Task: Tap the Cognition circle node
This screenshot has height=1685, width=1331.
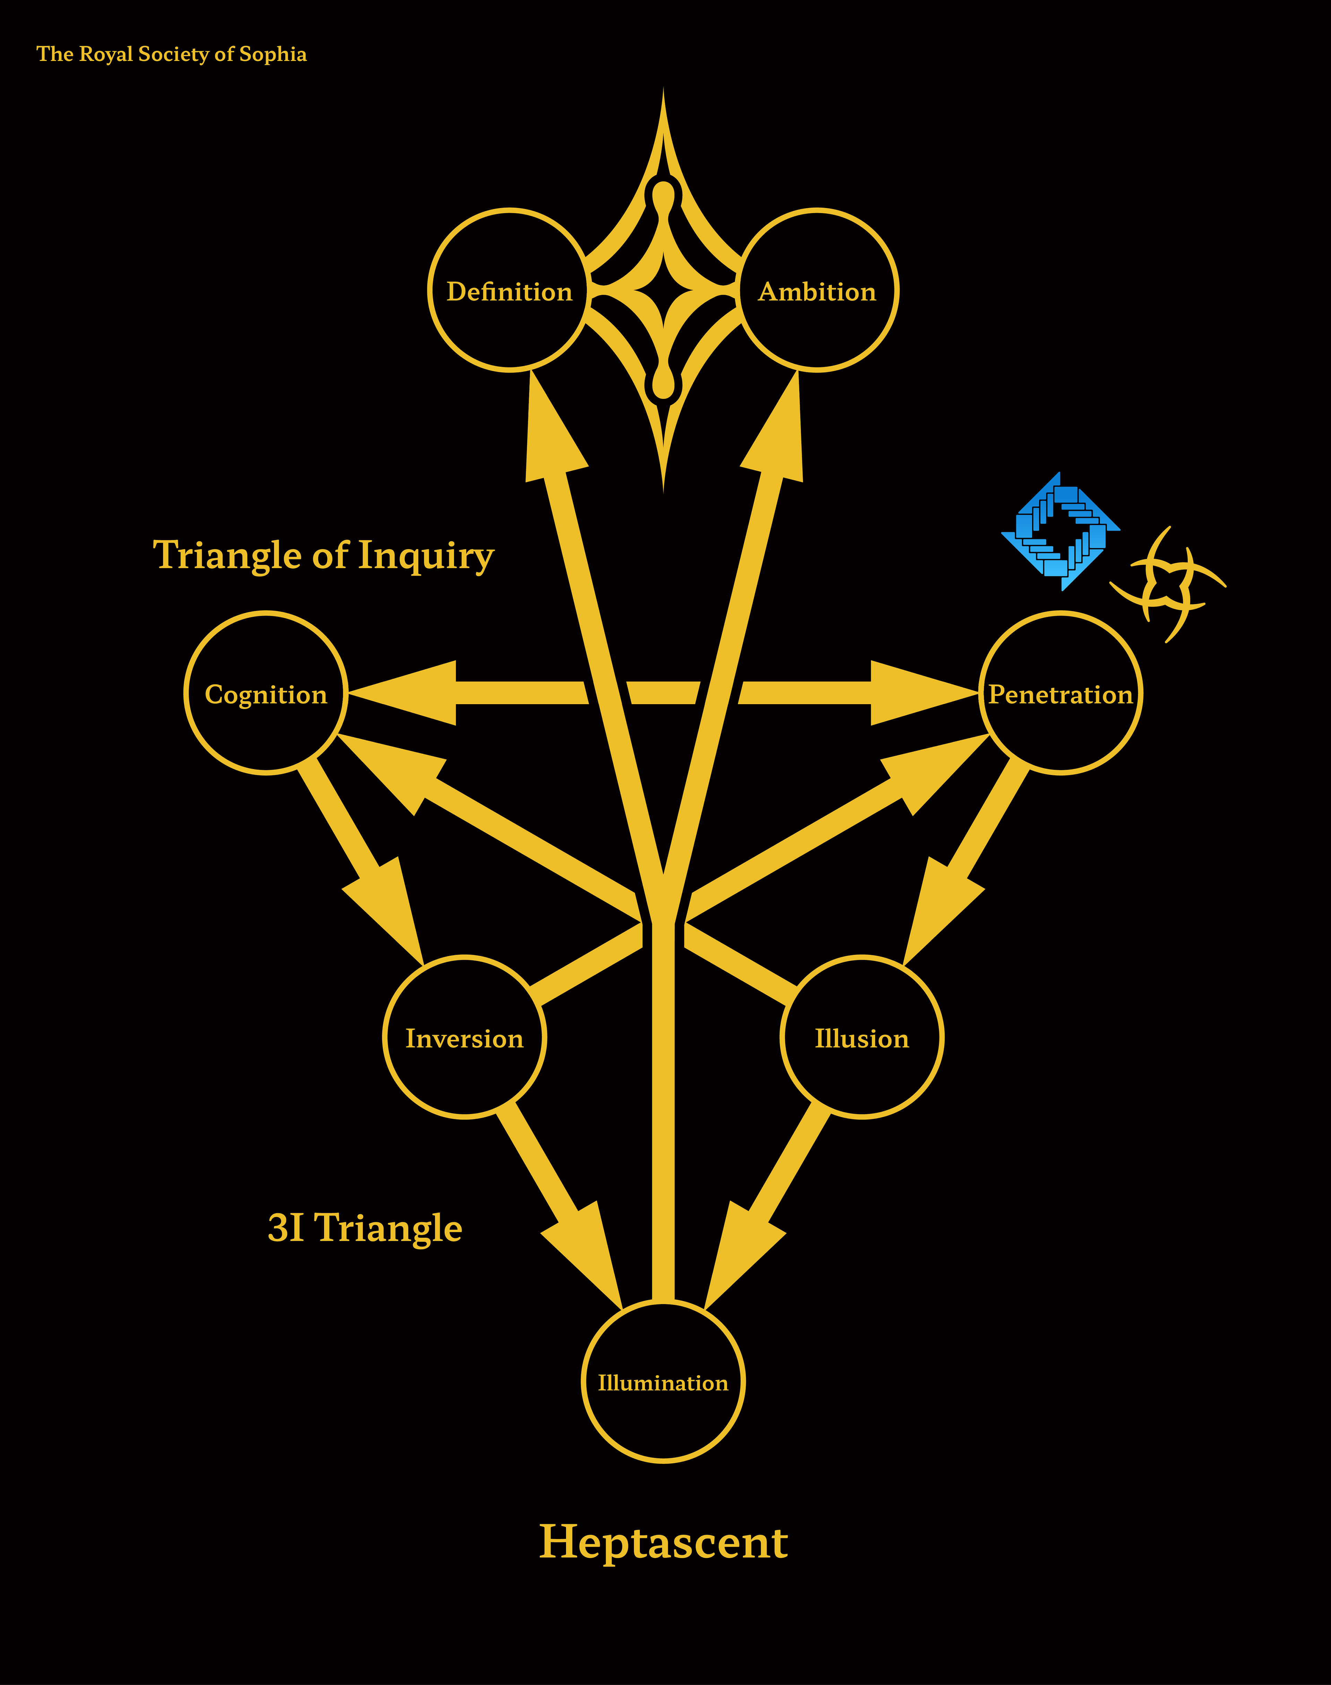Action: click(x=266, y=693)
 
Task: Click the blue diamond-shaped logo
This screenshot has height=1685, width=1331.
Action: click(x=1061, y=531)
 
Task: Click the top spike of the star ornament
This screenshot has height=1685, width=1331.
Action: click(x=663, y=125)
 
